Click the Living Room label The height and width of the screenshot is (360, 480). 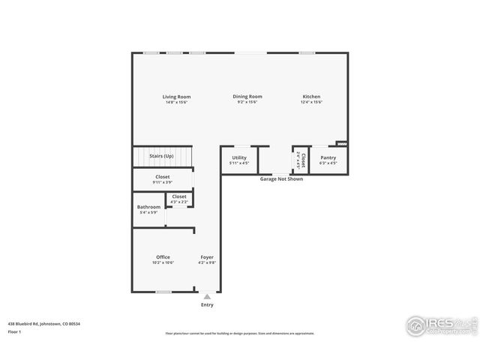pyautogui.click(x=177, y=96)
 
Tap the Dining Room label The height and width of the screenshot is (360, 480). pyautogui.click(x=247, y=96)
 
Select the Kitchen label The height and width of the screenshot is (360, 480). pyautogui.click(x=312, y=96)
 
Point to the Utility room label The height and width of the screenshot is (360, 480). pyautogui.click(x=239, y=157)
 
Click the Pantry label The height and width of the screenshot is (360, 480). pyautogui.click(x=328, y=157)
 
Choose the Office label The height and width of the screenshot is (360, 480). pyautogui.click(x=163, y=257)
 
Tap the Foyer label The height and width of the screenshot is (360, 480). pyautogui.click(x=207, y=257)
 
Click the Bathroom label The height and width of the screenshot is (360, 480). pyautogui.click(x=148, y=207)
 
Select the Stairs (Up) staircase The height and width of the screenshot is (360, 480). pyautogui.click(x=162, y=156)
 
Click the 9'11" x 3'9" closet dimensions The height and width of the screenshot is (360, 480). pyautogui.click(x=163, y=182)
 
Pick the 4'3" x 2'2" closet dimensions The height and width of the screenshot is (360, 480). pyautogui.click(x=179, y=202)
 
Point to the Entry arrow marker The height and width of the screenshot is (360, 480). pyautogui.click(x=207, y=297)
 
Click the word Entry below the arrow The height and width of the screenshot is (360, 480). pyautogui.click(x=207, y=304)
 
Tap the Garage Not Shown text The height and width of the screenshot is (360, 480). pyautogui.click(x=281, y=179)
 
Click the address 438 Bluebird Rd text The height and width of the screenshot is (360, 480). pyautogui.click(x=44, y=323)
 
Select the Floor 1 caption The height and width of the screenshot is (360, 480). pyautogui.click(x=14, y=331)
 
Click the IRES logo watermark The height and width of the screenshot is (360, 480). pyautogui.click(x=440, y=325)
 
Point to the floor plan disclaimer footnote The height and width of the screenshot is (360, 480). pyautogui.click(x=240, y=334)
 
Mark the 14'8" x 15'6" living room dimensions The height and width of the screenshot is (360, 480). pyautogui.click(x=177, y=102)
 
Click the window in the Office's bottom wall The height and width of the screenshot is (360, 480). pyautogui.click(x=163, y=292)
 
